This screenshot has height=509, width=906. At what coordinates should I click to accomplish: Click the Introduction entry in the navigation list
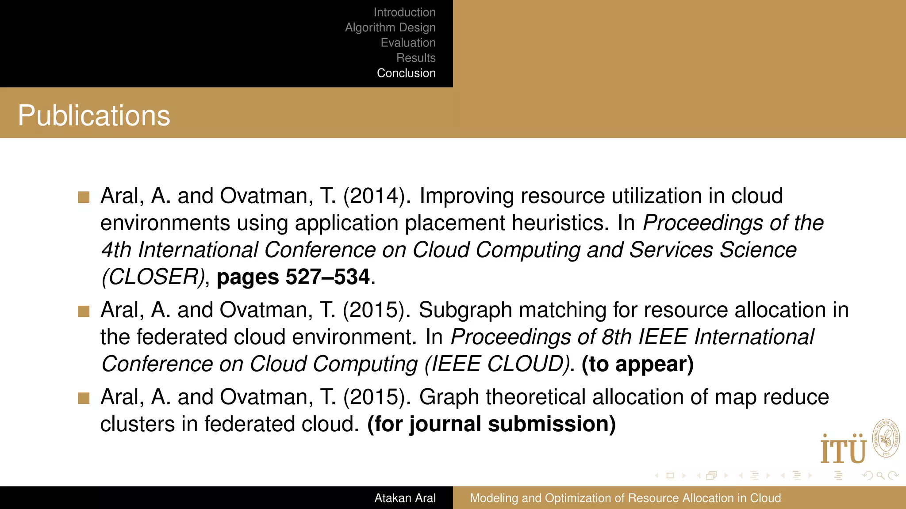[x=404, y=12]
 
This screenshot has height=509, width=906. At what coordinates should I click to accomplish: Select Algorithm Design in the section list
[x=390, y=27]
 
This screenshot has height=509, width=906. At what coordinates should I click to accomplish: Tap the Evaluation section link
[x=408, y=43]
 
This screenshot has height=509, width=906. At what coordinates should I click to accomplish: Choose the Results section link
[x=416, y=58]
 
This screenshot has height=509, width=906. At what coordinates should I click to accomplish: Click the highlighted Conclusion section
[x=406, y=73]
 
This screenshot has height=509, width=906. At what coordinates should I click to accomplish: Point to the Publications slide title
[x=94, y=116]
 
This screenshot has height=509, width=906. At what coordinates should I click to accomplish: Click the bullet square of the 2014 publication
[x=84, y=197]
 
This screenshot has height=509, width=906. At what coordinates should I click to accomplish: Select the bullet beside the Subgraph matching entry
[x=84, y=311]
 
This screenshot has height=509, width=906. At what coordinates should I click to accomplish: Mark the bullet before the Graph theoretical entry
[x=84, y=399]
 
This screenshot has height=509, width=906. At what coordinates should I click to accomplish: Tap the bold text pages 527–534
[x=293, y=277]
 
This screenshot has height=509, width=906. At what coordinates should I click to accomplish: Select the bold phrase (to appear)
[x=637, y=365]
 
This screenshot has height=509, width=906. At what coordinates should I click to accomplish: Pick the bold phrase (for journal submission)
[x=491, y=424]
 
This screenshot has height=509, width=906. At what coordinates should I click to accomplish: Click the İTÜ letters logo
[x=843, y=450]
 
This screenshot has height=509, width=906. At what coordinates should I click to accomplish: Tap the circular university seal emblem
[x=886, y=438]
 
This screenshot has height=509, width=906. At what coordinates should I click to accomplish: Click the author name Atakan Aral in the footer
[x=405, y=498]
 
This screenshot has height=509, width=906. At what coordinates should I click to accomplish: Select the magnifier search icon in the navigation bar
[x=880, y=475]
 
